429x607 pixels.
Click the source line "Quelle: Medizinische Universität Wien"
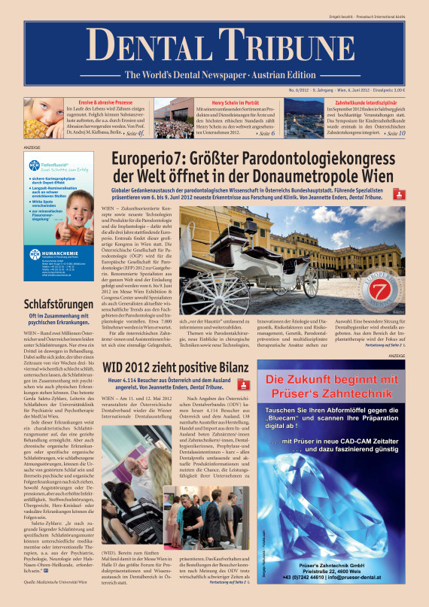click(x=56, y=582)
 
